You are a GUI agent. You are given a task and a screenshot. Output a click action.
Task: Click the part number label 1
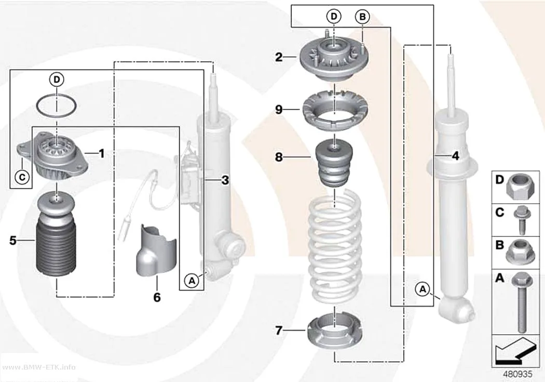[102, 153]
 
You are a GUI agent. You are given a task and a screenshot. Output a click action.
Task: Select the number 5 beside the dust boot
[13, 240]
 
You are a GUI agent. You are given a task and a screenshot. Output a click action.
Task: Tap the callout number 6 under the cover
[157, 297]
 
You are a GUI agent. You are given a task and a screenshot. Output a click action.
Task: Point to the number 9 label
[279, 110]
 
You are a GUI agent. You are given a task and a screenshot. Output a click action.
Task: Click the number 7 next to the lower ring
[279, 330]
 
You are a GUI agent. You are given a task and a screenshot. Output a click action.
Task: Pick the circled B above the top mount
[362, 16]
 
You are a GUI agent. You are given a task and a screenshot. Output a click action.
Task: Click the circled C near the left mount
[22, 178]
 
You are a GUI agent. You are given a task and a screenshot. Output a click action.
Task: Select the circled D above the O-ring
[56, 80]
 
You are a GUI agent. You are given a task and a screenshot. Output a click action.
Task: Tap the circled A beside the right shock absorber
[423, 289]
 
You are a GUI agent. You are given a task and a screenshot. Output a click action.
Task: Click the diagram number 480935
[517, 374]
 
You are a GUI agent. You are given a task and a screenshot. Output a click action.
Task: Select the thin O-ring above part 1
[56, 106]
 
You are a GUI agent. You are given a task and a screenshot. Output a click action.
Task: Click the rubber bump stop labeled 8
[334, 163]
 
